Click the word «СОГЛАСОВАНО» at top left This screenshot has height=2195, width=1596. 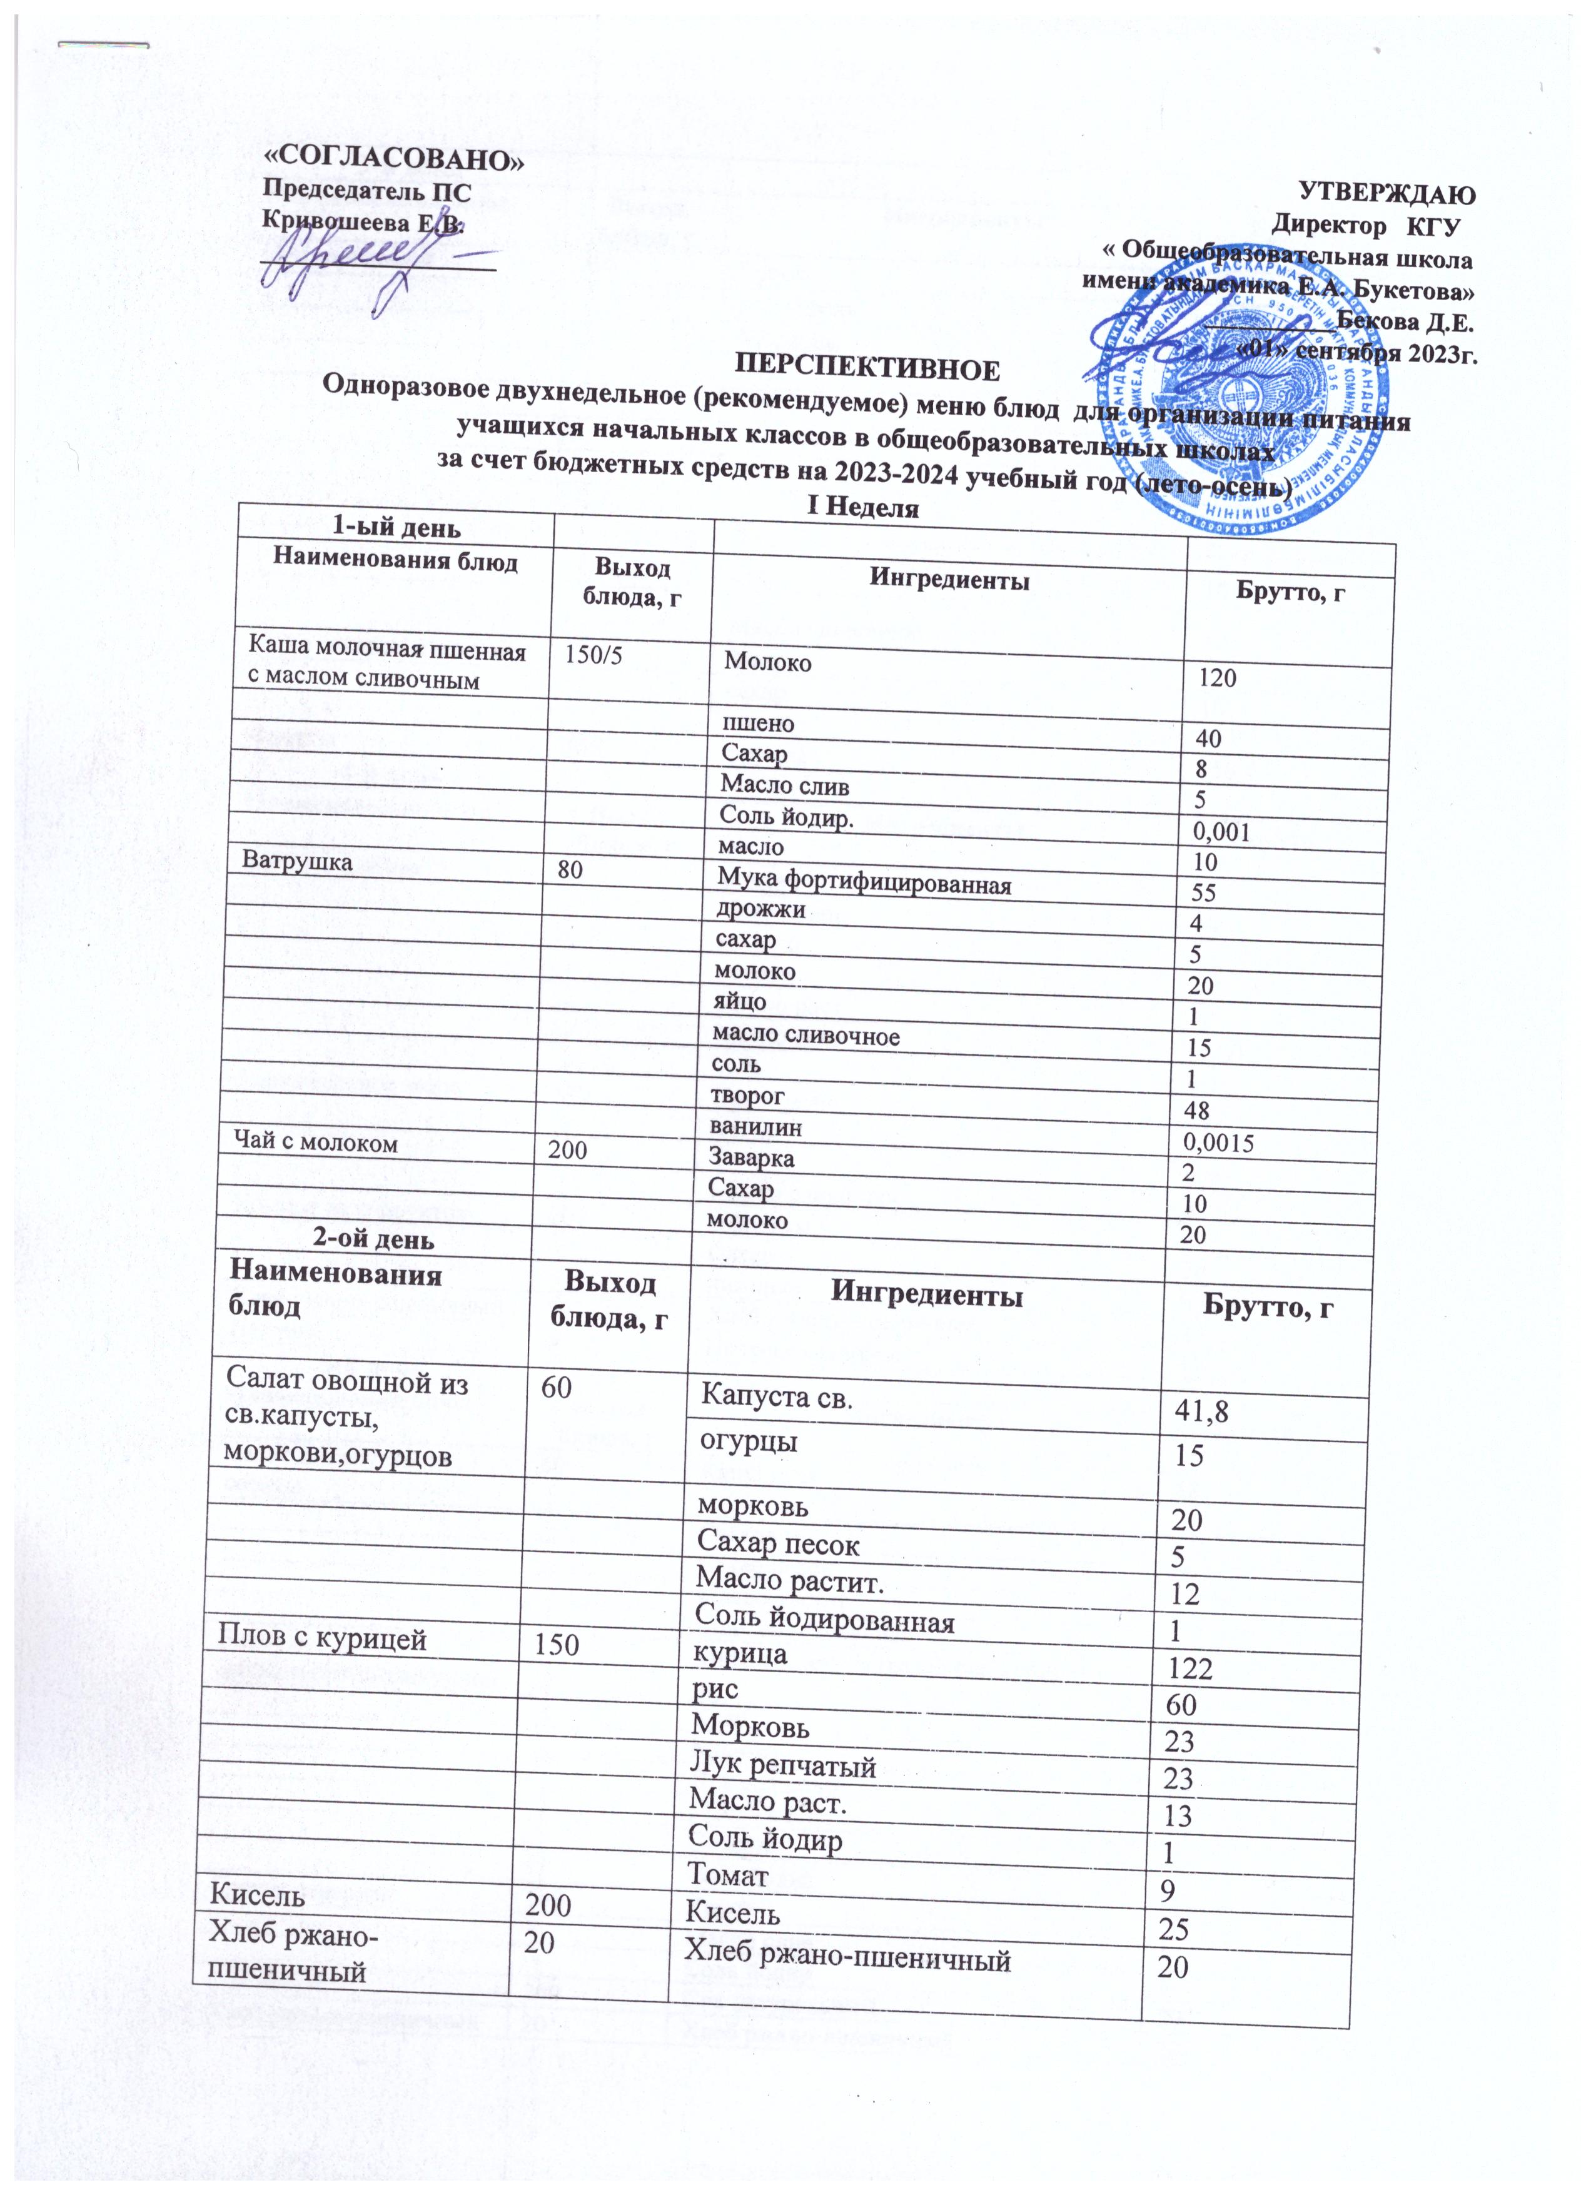[x=394, y=157]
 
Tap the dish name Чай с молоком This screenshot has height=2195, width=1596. [x=313, y=1143]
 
